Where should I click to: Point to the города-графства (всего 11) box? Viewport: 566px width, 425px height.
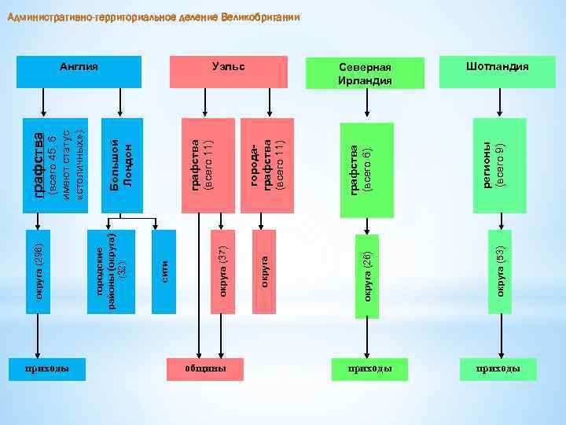point(267,165)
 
